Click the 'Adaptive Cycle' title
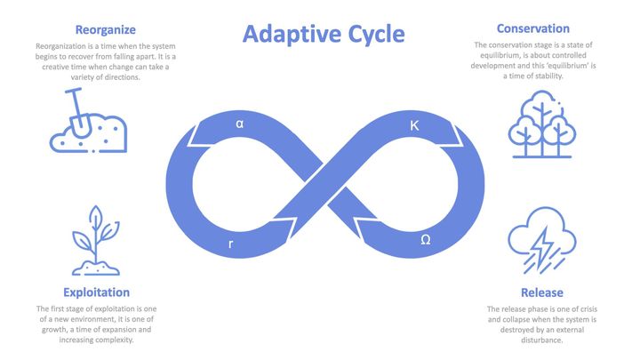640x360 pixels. coord(324,35)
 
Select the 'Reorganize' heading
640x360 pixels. coord(106,30)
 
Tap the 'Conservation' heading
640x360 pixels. coord(533,28)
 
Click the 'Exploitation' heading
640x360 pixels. coord(96,292)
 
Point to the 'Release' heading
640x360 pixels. coord(542,292)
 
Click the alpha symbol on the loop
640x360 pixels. coord(240,124)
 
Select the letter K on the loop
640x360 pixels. coord(414,125)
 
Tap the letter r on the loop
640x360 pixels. coord(231,244)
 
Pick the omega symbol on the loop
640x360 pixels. coord(425,240)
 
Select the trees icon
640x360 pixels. coord(542,124)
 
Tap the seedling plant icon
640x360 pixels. coord(96,240)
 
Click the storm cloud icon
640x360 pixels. coord(542,240)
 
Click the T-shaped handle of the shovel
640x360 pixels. coord(74,91)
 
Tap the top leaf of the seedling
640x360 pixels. coord(95,215)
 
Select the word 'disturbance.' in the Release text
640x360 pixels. coord(542,340)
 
